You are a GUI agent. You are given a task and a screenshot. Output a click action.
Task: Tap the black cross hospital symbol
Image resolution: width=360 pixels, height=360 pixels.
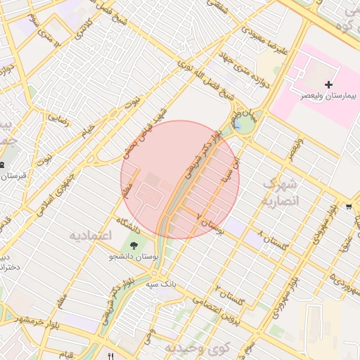(328, 84)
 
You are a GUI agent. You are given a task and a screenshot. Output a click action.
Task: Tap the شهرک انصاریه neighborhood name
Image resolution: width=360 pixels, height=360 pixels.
(281, 192)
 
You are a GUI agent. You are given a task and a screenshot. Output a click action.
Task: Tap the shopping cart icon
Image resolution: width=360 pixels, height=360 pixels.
(349, 207)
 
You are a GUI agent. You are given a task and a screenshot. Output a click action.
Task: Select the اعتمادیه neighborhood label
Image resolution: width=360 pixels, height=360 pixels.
(91, 235)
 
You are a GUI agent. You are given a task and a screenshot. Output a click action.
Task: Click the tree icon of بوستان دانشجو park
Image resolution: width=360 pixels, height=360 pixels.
(134, 245)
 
